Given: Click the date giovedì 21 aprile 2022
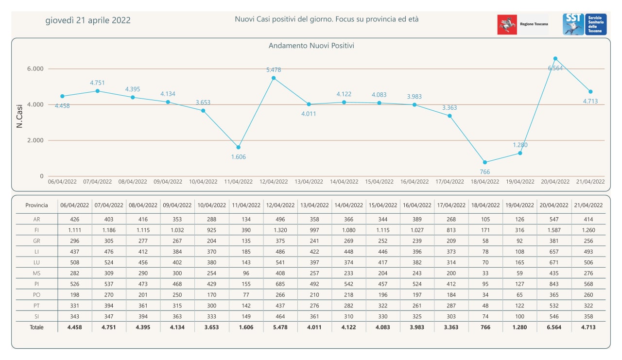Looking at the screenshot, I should click(88, 20).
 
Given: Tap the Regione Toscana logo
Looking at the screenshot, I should click(523, 24).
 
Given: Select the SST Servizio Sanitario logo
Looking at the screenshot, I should click(585, 24).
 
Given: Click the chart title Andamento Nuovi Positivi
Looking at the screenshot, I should click(311, 46).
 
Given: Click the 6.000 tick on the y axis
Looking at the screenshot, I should click(35, 69).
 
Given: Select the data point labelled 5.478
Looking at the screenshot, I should click(274, 78).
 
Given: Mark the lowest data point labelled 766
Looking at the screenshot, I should click(485, 162).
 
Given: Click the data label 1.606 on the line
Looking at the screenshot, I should click(238, 156).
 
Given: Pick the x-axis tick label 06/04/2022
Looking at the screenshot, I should click(62, 182).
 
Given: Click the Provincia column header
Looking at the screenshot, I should click(36, 205).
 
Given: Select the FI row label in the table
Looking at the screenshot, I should click(36, 230).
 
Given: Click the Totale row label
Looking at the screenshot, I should click(36, 327).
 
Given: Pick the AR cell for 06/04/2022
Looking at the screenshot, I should click(74, 219).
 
